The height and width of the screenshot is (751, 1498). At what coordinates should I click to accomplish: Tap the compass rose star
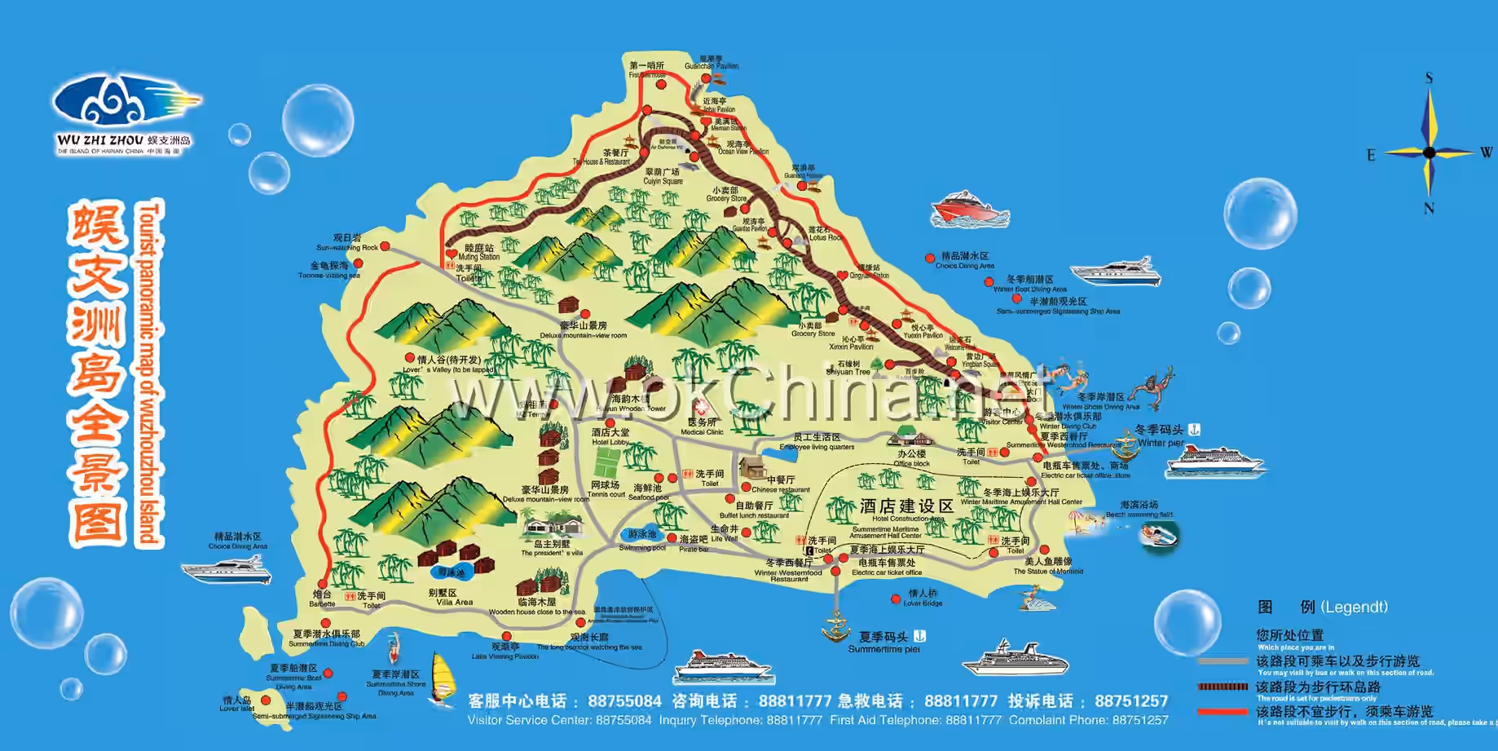(1429, 152)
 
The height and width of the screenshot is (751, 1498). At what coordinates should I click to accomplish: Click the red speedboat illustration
(970, 210)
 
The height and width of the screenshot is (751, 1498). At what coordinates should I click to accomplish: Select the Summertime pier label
(885, 643)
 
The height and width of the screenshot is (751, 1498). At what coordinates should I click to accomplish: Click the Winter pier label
(1161, 436)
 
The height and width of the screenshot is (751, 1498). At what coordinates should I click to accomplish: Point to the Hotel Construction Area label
(907, 511)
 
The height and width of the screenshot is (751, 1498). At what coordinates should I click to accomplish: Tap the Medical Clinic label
(702, 426)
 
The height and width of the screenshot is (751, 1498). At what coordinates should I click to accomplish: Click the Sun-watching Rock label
(347, 243)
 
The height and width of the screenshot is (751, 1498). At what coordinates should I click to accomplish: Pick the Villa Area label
(453, 598)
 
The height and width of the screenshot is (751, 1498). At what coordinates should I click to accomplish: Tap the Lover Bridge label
(923, 598)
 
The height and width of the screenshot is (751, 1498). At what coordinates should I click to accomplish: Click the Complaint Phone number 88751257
(1131, 701)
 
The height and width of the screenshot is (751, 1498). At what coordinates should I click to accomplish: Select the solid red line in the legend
(1222, 712)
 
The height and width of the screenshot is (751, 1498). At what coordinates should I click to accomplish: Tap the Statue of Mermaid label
(1048, 566)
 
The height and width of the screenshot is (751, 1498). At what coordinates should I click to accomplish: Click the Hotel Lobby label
(610, 436)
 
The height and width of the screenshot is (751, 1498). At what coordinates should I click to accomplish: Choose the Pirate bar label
(694, 544)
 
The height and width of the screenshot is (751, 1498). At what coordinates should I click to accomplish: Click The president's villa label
(552, 548)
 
